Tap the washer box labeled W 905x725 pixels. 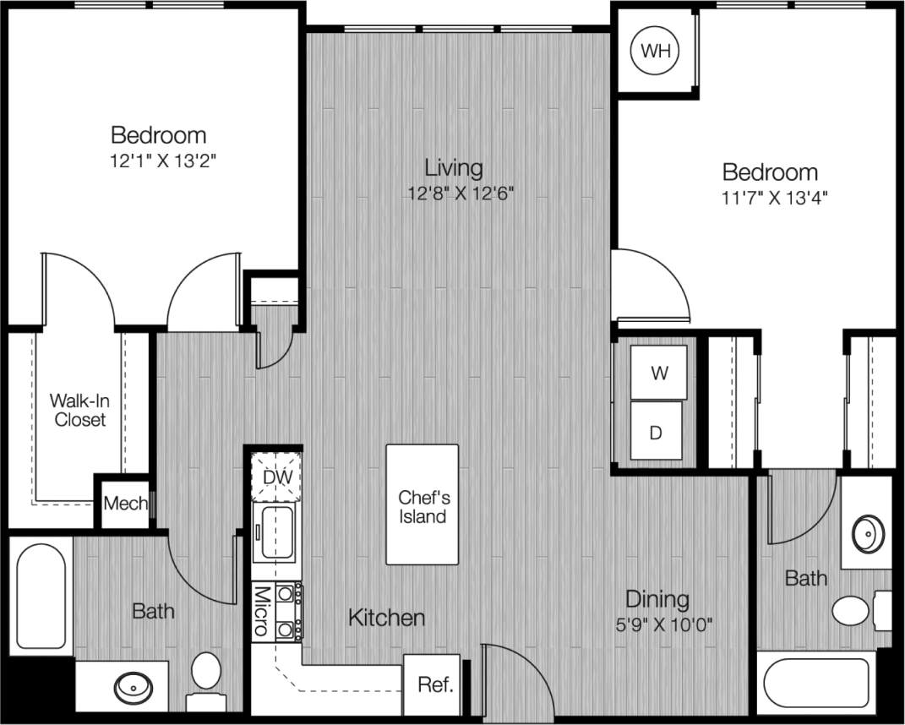[x=659, y=373]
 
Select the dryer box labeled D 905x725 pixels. [x=656, y=432]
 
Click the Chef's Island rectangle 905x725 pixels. [x=423, y=505]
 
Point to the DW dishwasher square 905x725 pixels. [x=276, y=477]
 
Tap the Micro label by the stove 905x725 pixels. [x=261, y=611]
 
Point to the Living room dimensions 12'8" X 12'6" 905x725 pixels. [x=460, y=194]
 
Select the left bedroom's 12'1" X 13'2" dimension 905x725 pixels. [x=158, y=161]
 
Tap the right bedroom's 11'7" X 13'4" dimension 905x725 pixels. [x=769, y=198]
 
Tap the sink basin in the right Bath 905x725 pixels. [x=867, y=535]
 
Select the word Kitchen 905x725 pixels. [x=386, y=618]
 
